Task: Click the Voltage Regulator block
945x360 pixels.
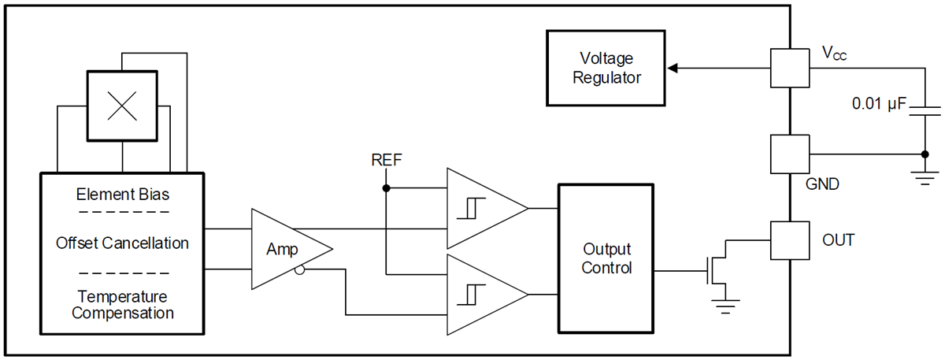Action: (x=606, y=69)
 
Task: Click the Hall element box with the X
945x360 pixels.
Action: (x=122, y=106)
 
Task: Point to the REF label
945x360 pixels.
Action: (x=387, y=161)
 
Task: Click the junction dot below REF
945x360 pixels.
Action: (x=386, y=188)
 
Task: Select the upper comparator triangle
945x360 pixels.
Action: (x=480, y=208)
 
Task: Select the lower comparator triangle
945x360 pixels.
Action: (x=480, y=294)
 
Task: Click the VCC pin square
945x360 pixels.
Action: (x=789, y=68)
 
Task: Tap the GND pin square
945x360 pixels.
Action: (x=789, y=154)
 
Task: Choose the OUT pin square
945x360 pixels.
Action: (x=789, y=239)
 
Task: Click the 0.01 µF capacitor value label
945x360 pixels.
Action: (x=879, y=103)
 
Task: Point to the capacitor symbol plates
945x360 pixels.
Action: (x=924, y=110)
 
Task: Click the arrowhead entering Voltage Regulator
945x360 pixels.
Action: (x=673, y=69)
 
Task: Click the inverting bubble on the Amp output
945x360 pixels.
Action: (x=301, y=270)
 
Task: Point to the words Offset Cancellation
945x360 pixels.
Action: (x=122, y=243)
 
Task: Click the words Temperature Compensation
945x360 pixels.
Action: (x=122, y=305)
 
